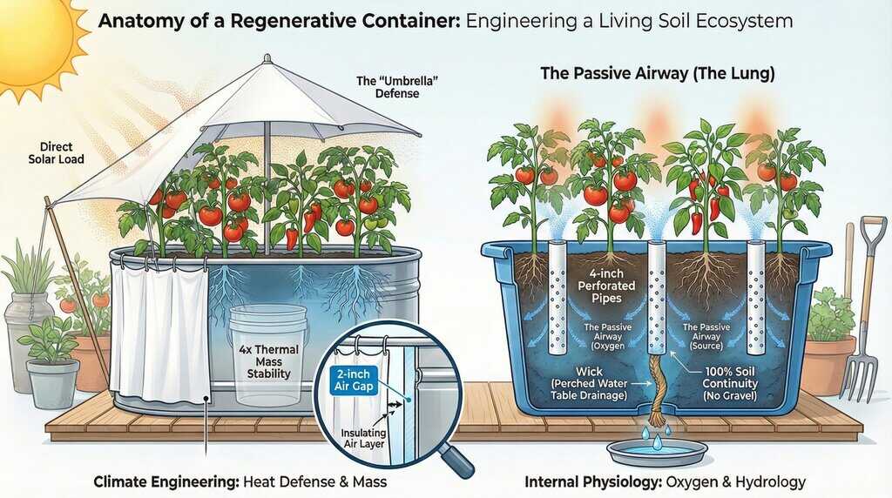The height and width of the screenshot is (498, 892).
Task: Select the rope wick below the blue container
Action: [655, 396]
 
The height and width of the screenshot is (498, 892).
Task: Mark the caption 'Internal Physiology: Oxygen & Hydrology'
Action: [666, 481]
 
